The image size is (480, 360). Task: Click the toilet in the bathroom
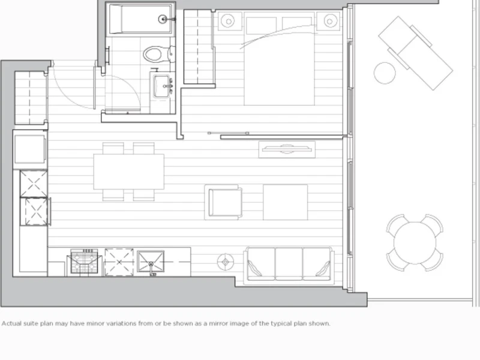coord(158,54)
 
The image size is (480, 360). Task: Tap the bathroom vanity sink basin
coord(161,86)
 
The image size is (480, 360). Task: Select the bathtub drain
coord(163,19)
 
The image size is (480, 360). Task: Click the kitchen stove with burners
coord(84,261)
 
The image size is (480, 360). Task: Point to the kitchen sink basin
coord(151,262)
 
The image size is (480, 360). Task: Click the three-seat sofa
coord(289,264)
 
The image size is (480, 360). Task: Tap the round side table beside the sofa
coord(226,262)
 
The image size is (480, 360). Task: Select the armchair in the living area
coord(223,202)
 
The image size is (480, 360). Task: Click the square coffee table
coord(286,202)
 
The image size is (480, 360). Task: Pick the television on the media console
coord(287,149)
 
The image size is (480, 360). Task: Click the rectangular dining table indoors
coord(129,172)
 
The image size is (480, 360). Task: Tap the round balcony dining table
coord(415,242)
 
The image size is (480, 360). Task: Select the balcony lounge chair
coord(416,53)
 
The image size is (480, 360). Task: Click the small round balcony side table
coord(385,73)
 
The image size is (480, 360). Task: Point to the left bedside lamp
coord(229,21)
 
